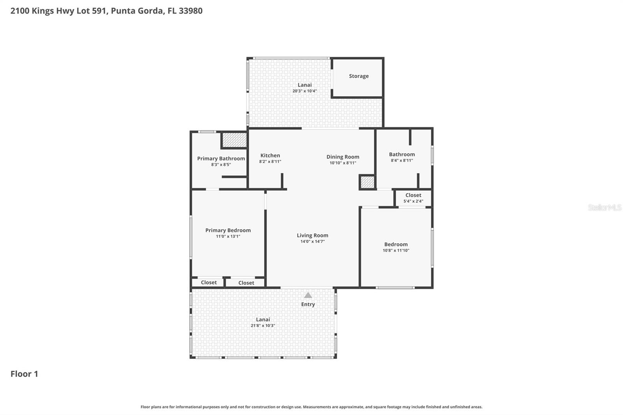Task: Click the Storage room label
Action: [359, 76]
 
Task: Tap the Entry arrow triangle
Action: [308, 295]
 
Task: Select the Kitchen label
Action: [270, 155]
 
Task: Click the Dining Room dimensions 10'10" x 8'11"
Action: [343, 163]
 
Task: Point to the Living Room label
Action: [312, 235]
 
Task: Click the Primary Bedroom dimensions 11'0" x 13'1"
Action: [228, 236]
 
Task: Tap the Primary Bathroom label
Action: [221, 158]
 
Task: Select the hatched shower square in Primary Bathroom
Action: [234, 140]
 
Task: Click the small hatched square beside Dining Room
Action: [367, 182]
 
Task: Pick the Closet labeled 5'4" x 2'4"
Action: [413, 198]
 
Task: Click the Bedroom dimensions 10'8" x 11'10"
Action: [396, 250]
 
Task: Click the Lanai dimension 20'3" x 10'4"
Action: [304, 91]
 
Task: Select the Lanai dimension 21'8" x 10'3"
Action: [263, 325]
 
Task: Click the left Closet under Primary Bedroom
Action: [209, 283]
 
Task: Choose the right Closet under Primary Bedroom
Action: [246, 283]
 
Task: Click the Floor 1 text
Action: [24, 374]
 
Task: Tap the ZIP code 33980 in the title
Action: [190, 11]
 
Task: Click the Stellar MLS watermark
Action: [604, 207]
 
